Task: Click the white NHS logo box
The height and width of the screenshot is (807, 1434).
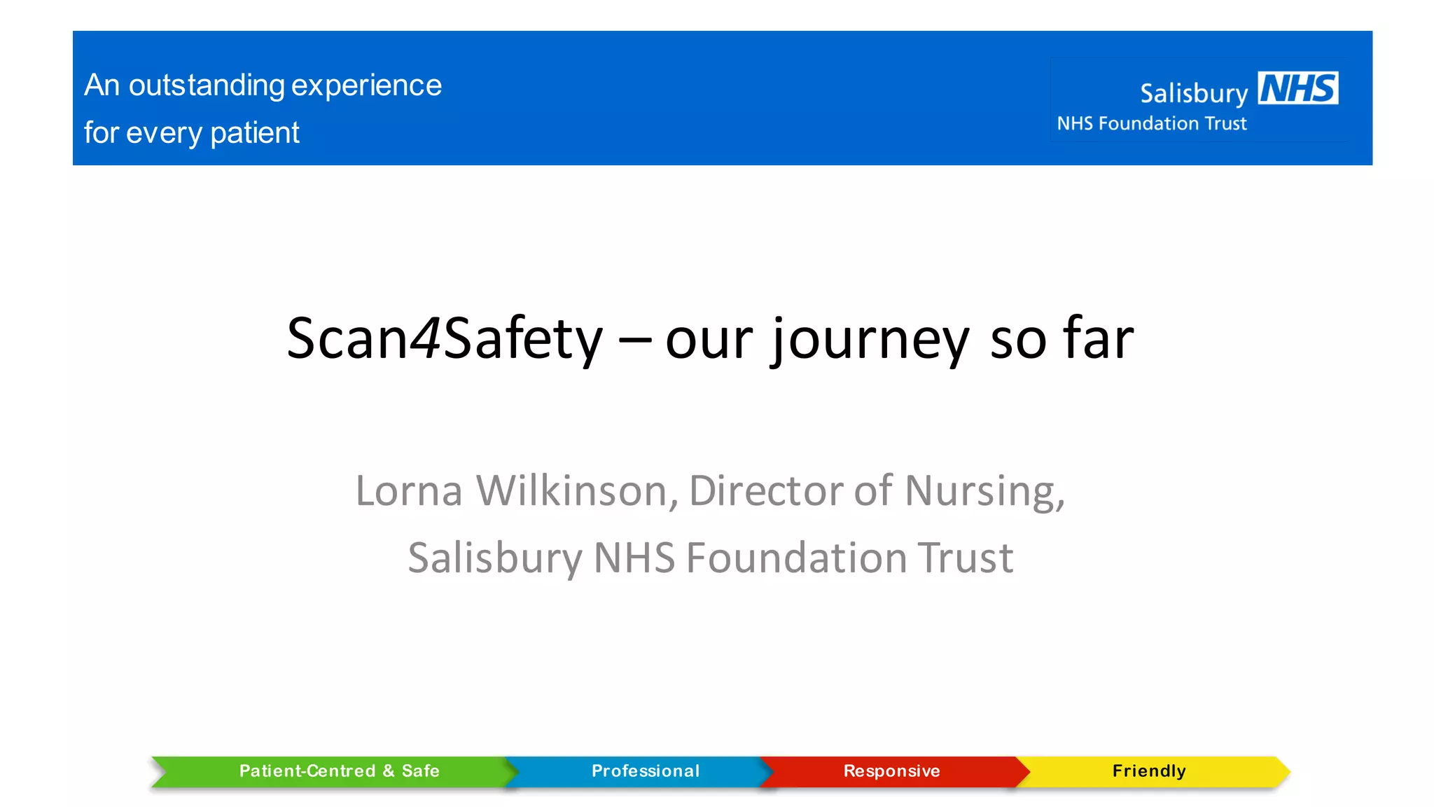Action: click(1297, 88)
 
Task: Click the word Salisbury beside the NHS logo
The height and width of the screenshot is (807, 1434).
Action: click(1194, 93)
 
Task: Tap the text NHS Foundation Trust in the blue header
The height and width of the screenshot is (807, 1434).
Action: click(1152, 124)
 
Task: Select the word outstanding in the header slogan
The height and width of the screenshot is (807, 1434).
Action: click(207, 85)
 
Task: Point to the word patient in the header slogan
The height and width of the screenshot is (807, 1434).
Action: click(255, 132)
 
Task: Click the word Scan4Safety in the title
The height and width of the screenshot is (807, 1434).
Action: click(445, 338)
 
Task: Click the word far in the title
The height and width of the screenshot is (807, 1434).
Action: click(1098, 338)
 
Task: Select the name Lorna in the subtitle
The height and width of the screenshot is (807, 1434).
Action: click(409, 490)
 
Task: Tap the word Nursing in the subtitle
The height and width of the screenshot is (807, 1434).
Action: click(984, 492)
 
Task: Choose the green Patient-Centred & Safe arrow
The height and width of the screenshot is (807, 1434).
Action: click(339, 771)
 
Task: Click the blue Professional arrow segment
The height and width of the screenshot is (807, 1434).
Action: click(645, 771)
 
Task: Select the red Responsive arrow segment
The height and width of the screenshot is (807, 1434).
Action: click(891, 771)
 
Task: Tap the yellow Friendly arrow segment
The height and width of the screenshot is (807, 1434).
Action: click(1149, 771)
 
